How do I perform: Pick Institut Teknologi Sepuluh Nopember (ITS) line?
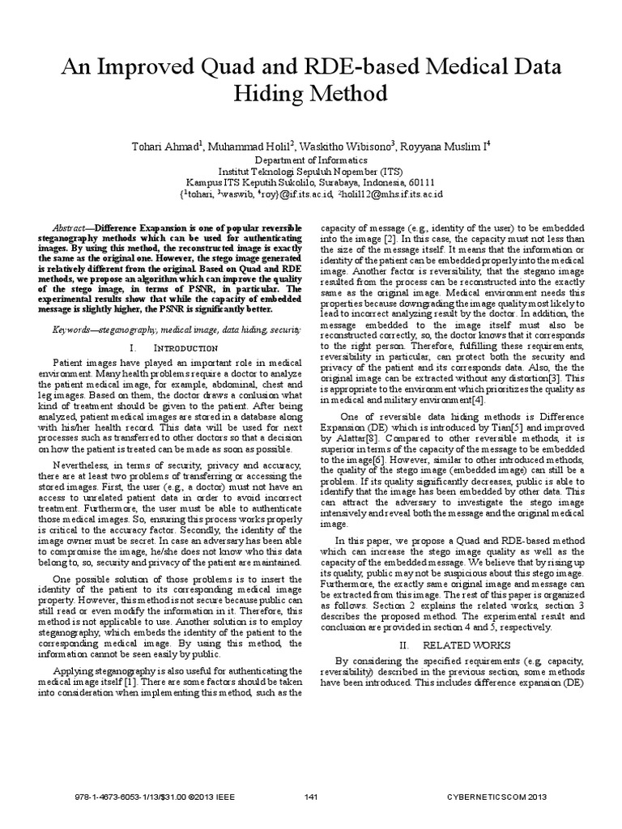click(311, 172)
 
